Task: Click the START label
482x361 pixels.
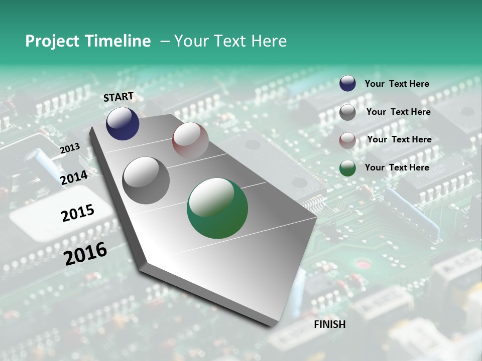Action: pyautogui.click(x=118, y=97)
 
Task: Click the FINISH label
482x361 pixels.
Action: pyautogui.click(x=329, y=324)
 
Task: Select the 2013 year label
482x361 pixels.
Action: pyautogui.click(x=70, y=148)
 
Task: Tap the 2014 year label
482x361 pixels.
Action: pyautogui.click(x=74, y=177)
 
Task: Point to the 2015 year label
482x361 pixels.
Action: pyautogui.click(x=78, y=213)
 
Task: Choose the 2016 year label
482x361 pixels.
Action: pyautogui.click(x=85, y=253)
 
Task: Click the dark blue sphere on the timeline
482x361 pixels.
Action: pyautogui.click(x=123, y=124)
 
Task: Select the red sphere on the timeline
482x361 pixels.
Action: pyautogui.click(x=190, y=140)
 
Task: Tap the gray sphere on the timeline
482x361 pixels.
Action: pyautogui.click(x=146, y=180)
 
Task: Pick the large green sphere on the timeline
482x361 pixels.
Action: pyautogui.click(x=217, y=208)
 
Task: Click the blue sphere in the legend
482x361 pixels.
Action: pyautogui.click(x=347, y=84)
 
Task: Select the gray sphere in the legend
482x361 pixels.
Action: pyautogui.click(x=347, y=112)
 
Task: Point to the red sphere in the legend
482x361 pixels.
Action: pyautogui.click(x=347, y=140)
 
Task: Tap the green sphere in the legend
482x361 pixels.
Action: pyautogui.click(x=347, y=168)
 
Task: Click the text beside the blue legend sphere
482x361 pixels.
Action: pyautogui.click(x=397, y=84)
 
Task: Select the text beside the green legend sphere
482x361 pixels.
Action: pyautogui.click(x=397, y=167)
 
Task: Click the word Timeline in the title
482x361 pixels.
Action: pyautogui.click(x=118, y=41)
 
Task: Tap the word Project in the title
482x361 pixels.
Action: pyautogui.click(x=50, y=41)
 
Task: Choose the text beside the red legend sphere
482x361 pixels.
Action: pyautogui.click(x=399, y=139)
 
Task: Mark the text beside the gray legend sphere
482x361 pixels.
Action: pyautogui.click(x=398, y=112)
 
